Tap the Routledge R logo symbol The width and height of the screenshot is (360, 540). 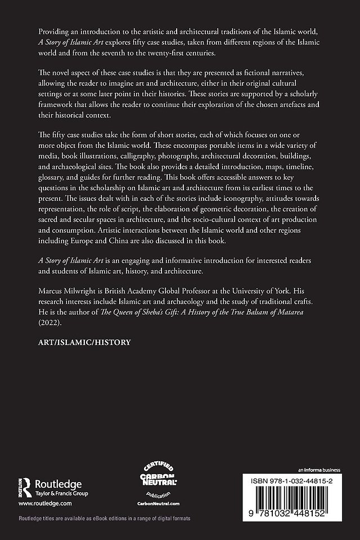(x=26, y=484)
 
